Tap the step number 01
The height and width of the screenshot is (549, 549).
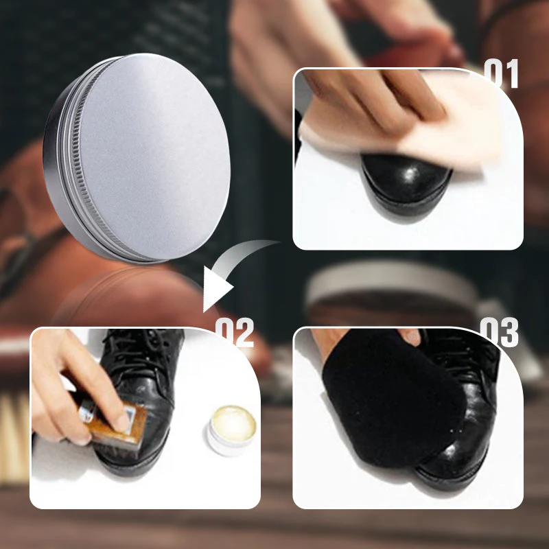[502, 74]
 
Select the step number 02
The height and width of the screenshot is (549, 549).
[235, 334]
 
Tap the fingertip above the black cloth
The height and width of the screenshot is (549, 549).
[410, 336]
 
